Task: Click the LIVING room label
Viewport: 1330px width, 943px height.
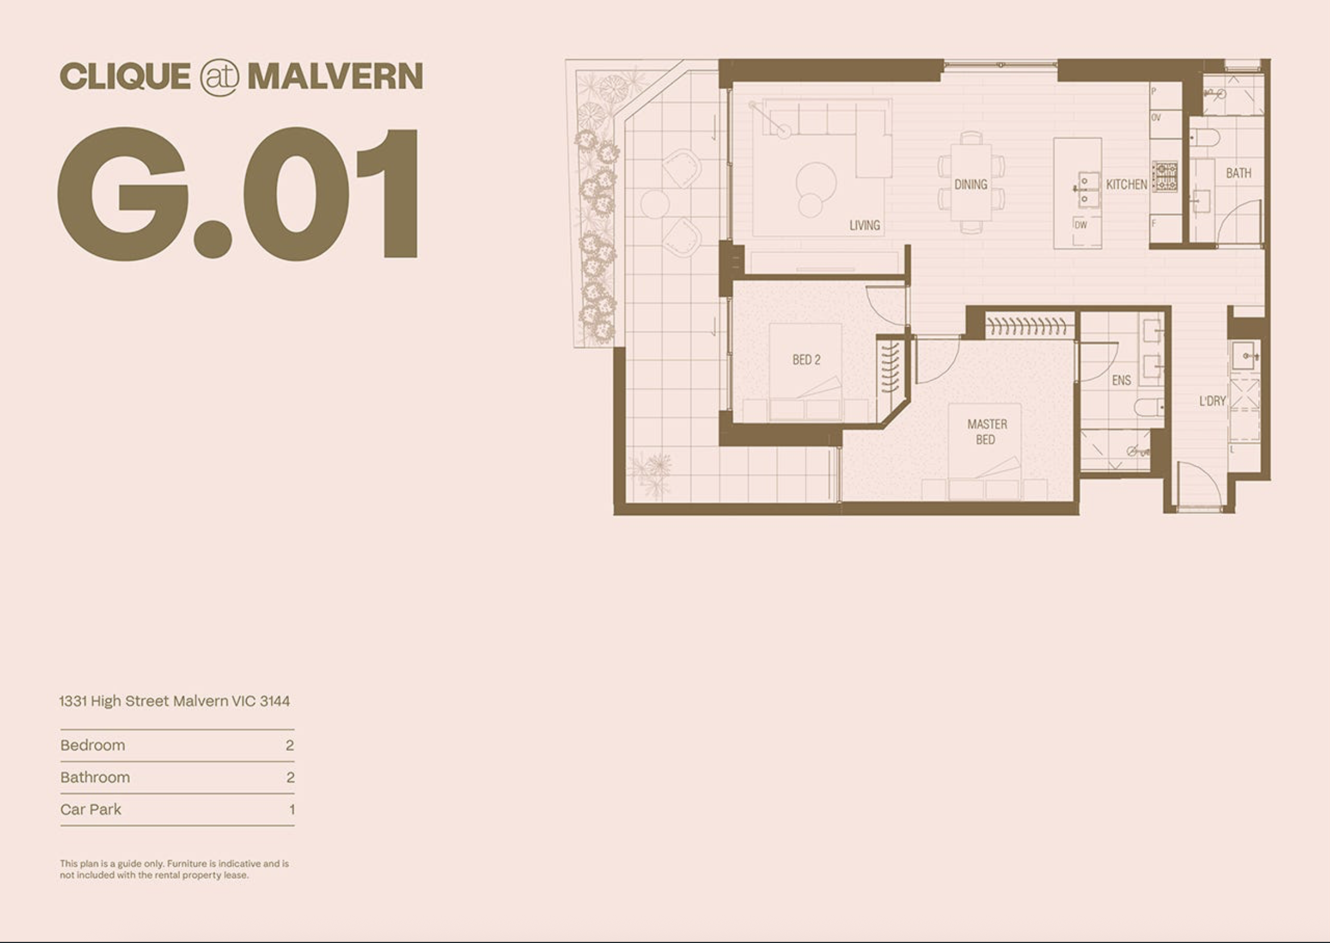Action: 864,226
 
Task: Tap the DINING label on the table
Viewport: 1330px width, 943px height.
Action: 971,185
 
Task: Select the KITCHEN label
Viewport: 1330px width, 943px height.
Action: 1126,185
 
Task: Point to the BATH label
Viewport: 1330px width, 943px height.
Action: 1238,173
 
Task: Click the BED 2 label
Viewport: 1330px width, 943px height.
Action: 806,360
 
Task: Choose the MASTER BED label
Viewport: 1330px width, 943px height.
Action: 987,432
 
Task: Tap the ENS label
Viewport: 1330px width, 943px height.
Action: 1121,381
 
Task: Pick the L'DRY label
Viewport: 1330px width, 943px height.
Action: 1213,400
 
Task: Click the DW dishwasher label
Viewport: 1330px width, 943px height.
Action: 1080,225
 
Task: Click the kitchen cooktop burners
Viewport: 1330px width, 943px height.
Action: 1165,177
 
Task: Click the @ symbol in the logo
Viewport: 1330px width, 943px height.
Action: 219,78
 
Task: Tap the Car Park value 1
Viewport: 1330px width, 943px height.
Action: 291,810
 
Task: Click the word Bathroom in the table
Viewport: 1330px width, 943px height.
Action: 95,778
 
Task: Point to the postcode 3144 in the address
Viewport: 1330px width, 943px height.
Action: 275,702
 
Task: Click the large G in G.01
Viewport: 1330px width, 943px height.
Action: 123,194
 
